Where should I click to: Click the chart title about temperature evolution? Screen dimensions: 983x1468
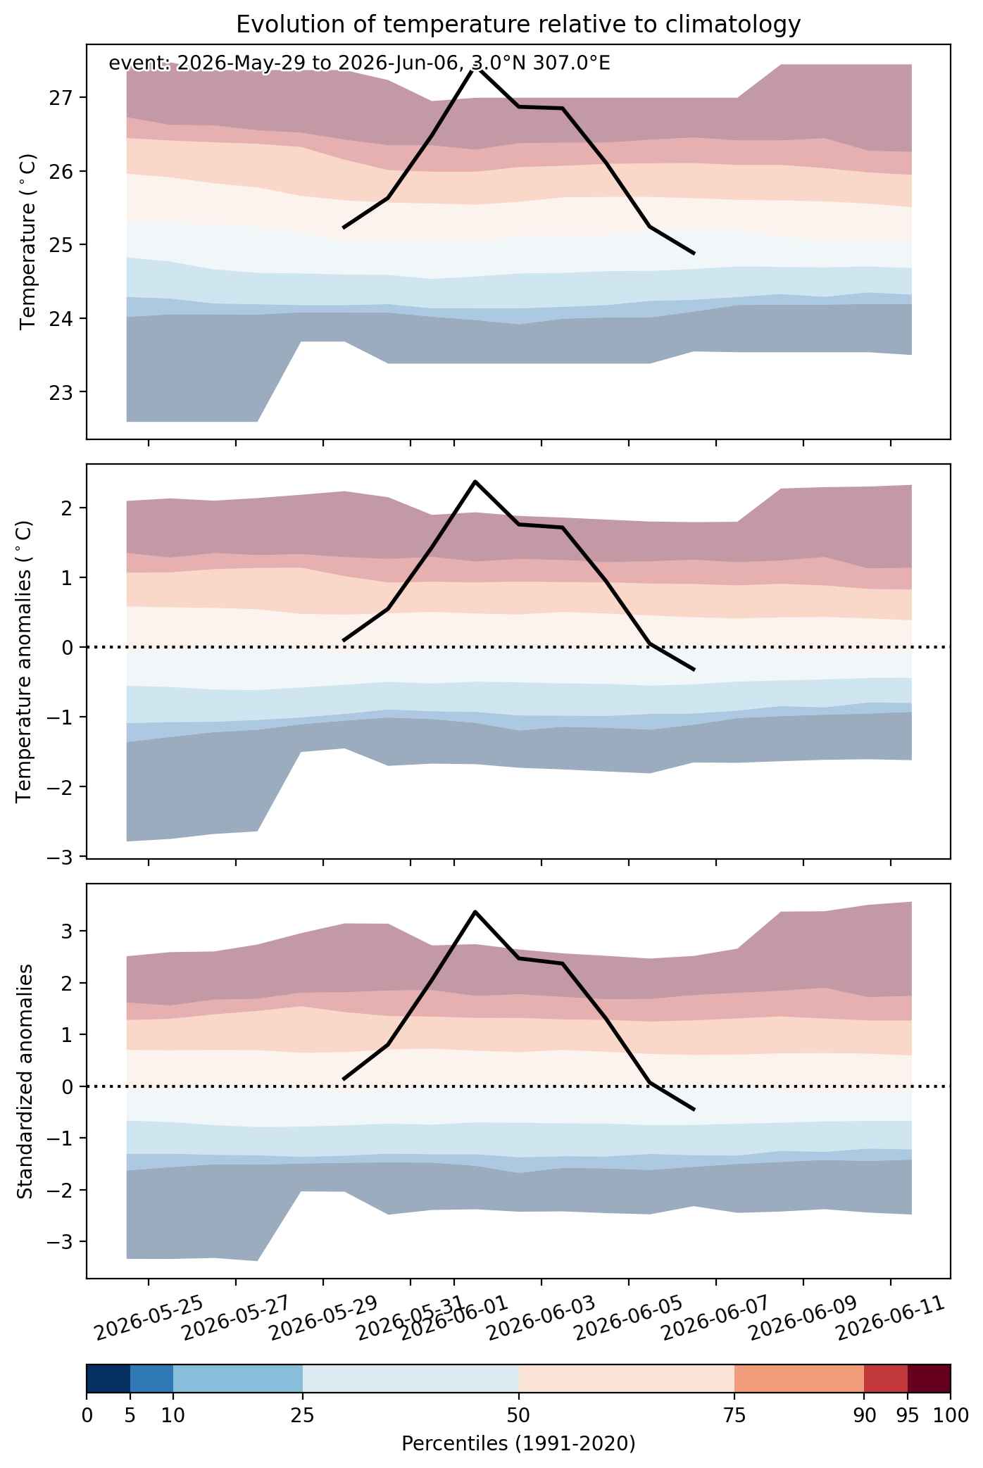(x=518, y=25)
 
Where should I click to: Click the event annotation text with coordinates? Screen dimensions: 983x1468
(x=359, y=63)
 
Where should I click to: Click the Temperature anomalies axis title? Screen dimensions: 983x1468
(x=25, y=660)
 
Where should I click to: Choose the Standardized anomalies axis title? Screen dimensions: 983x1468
(x=25, y=1081)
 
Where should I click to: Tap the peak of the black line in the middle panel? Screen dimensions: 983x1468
(x=475, y=482)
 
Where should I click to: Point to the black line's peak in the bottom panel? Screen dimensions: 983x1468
(x=475, y=912)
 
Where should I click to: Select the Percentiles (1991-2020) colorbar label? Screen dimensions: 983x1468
(x=518, y=1444)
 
